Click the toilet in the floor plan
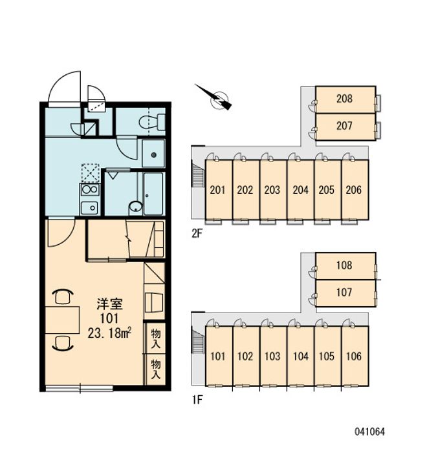click(x=152, y=122)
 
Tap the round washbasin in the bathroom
click(x=136, y=207)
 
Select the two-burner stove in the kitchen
click(x=90, y=189)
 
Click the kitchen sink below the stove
click(x=90, y=207)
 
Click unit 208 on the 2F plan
click(x=345, y=99)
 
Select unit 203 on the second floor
click(x=272, y=190)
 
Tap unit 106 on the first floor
click(x=355, y=356)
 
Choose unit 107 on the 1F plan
click(x=345, y=293)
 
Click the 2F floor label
click(x=197, y=234)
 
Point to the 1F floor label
click(x=197, y=400)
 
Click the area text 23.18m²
click(x=109, y=333)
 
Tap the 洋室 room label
click(x=109, y=304)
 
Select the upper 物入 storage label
click(x=156, y=338)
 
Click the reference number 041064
click(x=369, y=431)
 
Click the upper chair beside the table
click(x=63, y=296)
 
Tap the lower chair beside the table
click(x=63, y=343)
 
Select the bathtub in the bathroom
click(x=153, y=194)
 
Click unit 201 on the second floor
click(x=218, y=190)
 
